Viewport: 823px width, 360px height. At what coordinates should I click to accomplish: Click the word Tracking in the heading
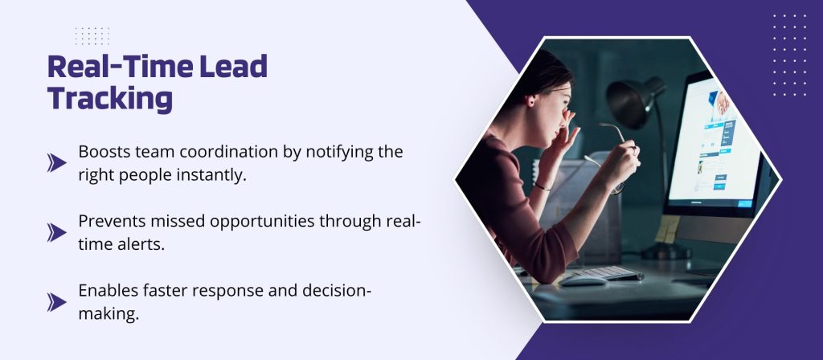click(110, 97)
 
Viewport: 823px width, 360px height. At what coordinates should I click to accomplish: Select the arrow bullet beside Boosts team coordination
click(57, 162)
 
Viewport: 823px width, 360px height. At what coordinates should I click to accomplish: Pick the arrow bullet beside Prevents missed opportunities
click(57, 232)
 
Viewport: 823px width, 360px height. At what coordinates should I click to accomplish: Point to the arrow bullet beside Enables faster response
click(57, 302)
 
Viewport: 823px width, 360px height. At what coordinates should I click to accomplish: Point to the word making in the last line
click(109, 314)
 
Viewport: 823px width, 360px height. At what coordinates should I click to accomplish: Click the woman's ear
click(531, 100)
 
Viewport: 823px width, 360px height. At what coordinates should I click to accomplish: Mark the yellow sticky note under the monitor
click(666, 229)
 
